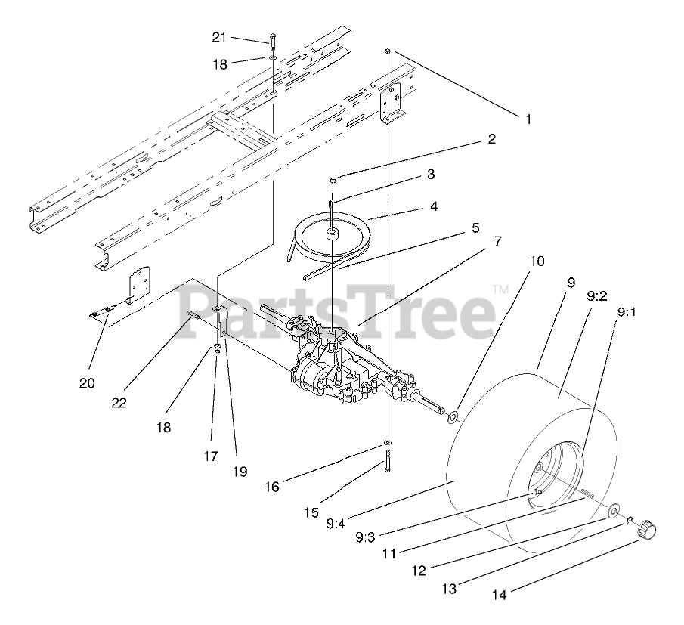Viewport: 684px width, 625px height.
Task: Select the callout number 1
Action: point(529,118)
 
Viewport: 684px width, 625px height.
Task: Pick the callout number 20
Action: point(87,383)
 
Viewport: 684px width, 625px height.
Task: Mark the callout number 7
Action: point(497,241)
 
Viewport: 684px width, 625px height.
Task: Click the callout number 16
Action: point(271,487)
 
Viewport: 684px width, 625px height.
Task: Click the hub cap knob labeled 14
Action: point(647,528)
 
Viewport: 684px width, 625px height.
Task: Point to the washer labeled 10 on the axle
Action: point(452,416)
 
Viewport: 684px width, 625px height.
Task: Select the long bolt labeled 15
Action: point(387,460)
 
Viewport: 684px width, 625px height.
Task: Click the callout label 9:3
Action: point(365,537)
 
